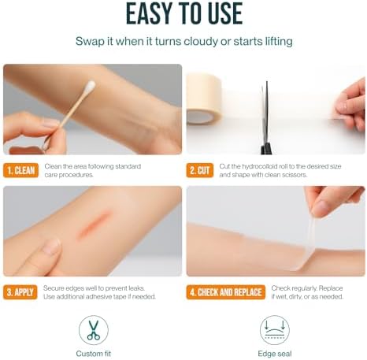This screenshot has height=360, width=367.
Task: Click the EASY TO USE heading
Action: [x=184, y=13]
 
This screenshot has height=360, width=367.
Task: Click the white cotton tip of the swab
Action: [x=90, y=87]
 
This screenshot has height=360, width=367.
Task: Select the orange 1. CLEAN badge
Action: [x=21, y=170]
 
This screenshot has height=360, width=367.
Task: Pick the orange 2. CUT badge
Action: [x=200, y=170]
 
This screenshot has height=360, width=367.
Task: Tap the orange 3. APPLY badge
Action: [x=20, y=292]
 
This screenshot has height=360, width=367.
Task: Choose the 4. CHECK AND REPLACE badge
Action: [x=226, y=292]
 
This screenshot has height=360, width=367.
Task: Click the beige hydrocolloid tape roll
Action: [x=204, y=99]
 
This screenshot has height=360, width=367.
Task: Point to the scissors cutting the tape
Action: [x=266, y=118]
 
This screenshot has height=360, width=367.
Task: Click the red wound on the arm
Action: [x=94, y=225]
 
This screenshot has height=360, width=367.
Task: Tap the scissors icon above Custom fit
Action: [x=94, y=330]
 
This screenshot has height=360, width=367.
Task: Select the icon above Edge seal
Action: [x=275, y=330]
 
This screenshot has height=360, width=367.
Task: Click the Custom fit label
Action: [x=94, y=354]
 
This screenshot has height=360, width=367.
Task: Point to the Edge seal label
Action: [x=275, y=354]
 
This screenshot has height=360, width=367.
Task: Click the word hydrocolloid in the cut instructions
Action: [x=259, y=166]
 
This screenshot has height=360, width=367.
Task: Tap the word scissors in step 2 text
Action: [x=296, y=175]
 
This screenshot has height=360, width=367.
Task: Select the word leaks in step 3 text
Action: [x=136, y=288]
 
